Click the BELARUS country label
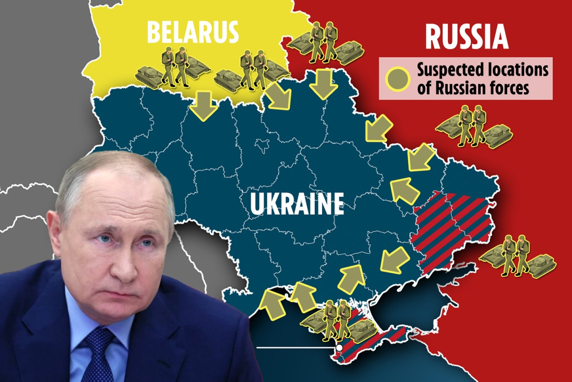pyautogui.click(x=192, y=31)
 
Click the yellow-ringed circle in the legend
pyautogui.click(x=398, y=78)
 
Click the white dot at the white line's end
pyautogui.click(x=338, y=348)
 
